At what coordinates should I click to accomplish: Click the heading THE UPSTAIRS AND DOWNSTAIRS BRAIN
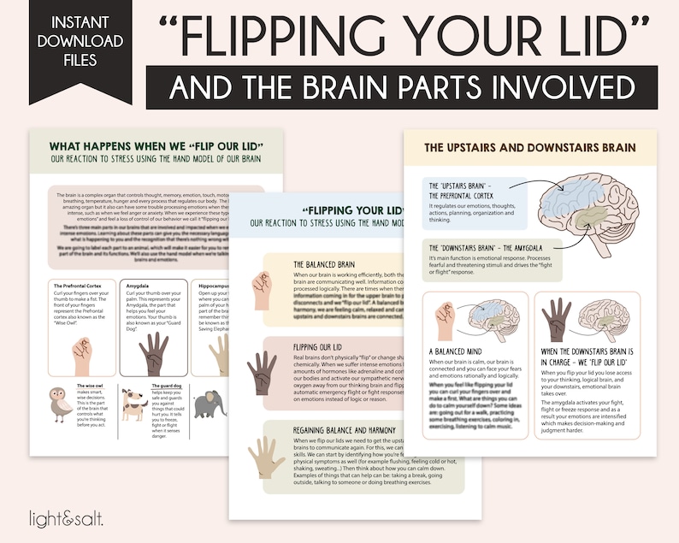point(530,147)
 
